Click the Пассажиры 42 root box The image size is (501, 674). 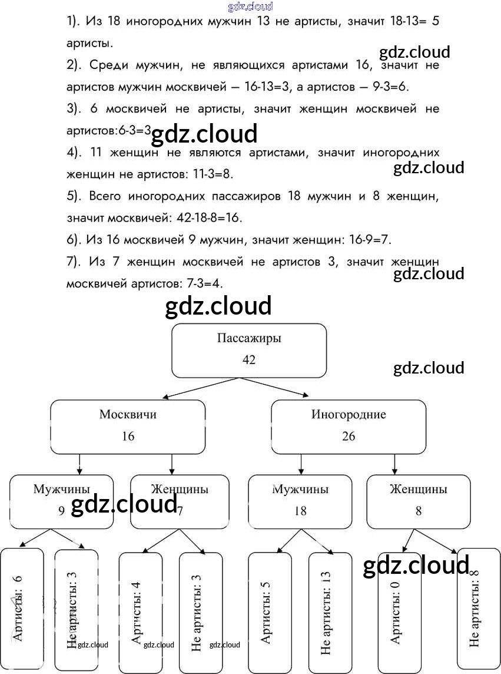coord(248,350)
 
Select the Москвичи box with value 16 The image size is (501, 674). coord(128,427)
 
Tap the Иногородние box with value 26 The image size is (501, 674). coord(348,427)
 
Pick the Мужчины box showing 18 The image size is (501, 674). coord(300,501)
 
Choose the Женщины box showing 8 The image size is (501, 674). coord(418,501)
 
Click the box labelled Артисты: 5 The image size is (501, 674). coord(270,612)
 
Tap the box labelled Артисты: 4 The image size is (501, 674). coord(140,612)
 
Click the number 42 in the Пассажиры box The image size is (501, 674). coord(248,359)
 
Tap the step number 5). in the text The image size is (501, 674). coord(74,196)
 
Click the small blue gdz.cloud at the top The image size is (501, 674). coord(250,6)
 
